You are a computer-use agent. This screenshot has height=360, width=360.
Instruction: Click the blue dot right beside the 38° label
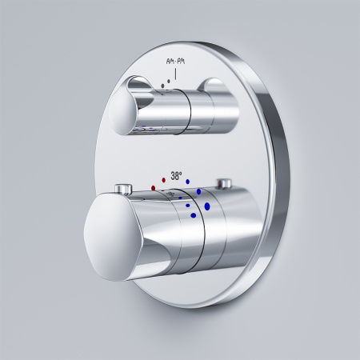tap(187, 181)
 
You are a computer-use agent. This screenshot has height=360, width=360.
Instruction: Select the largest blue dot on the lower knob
tap(208, 206)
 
